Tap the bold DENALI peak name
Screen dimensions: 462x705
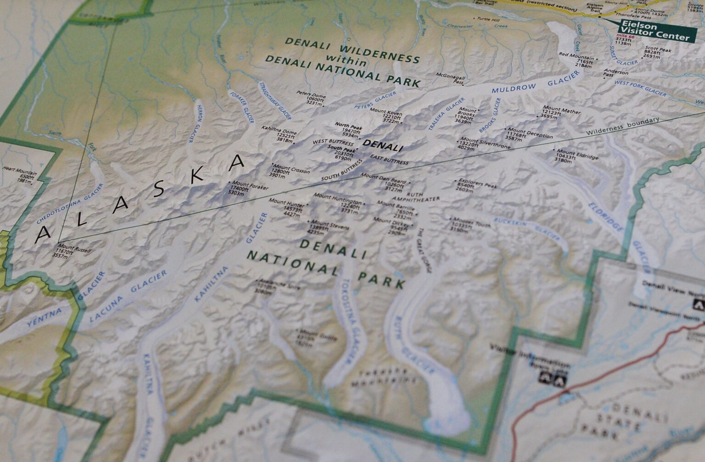coord(383,146)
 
